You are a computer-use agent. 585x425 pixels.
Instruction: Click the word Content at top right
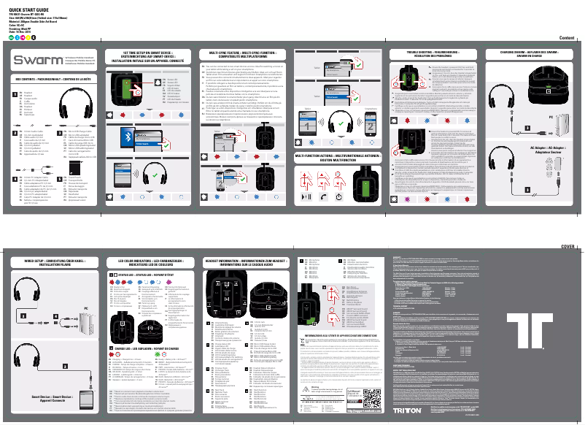pyautogui.click(x=567, y=37)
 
